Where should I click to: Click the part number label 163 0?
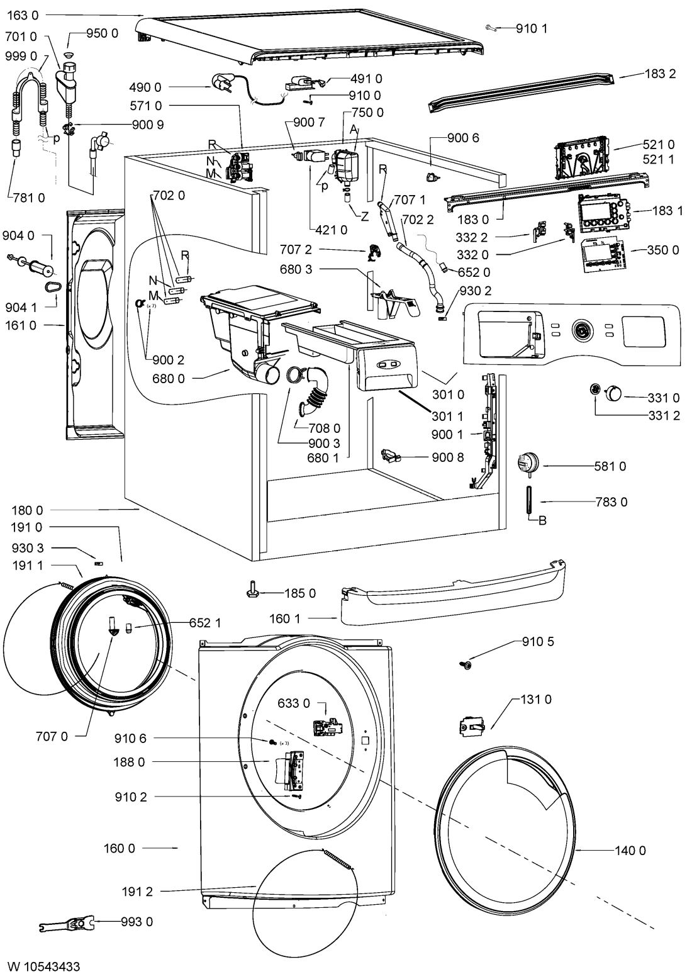point(23,16)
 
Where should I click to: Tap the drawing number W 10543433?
point(43,966)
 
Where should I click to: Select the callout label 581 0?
point(610,466)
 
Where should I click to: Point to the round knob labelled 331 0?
point(613,393)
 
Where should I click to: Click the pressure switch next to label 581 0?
point(528,464)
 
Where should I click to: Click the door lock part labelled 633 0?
point(328,728)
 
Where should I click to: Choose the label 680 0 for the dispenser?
point(168,379)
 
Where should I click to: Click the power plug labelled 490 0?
point(222,83)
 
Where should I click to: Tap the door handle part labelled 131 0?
point(472,726)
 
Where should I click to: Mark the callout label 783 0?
point(611,501)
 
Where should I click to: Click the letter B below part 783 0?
point(542,520)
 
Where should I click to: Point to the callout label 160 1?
point(285,618)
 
